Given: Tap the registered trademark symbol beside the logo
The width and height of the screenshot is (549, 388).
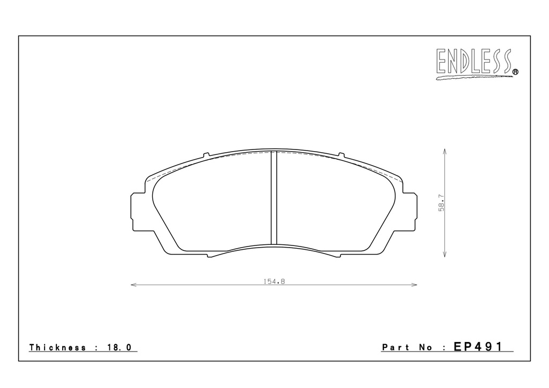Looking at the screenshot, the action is coord(515,72).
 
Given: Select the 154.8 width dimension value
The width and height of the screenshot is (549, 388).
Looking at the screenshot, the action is coord(274,281).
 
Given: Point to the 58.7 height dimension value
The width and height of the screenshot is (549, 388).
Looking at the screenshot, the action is coord(442,203).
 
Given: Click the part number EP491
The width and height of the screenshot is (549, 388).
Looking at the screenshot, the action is coord(478,347).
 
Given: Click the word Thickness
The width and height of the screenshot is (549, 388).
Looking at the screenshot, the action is coord(57,347).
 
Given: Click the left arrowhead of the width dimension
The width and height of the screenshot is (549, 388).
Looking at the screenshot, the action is coord(133,285).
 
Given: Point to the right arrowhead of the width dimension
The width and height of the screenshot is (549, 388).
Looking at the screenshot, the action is coord(414,285).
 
